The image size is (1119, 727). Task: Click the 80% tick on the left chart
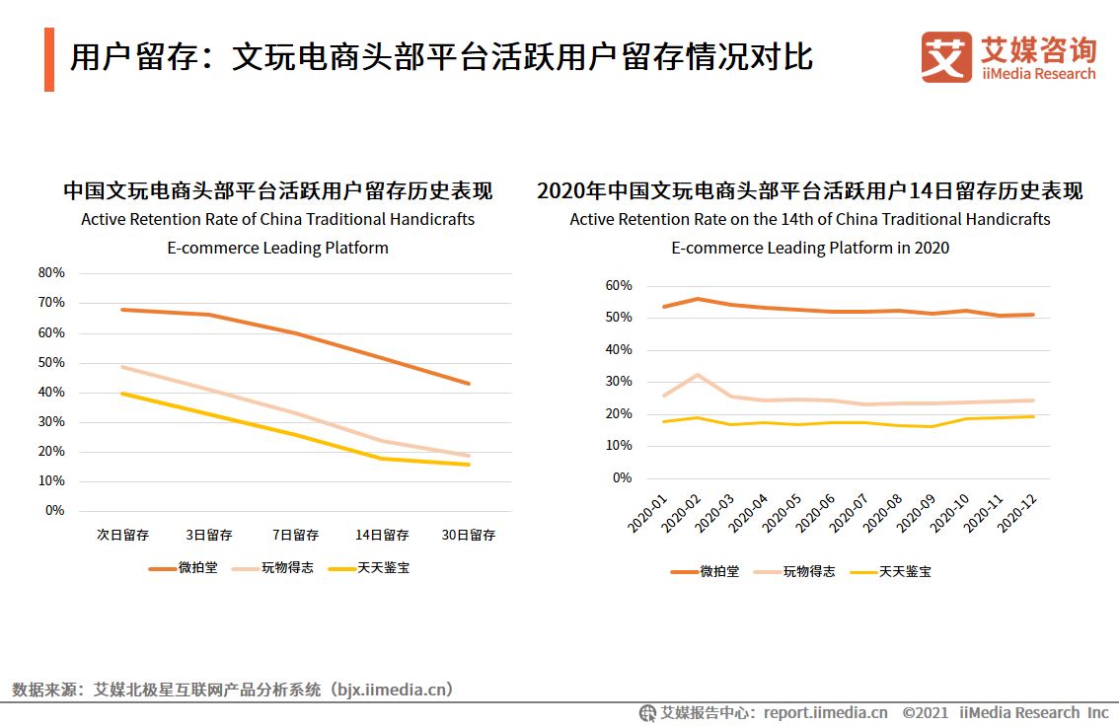51,272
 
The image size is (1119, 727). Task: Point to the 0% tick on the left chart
55,511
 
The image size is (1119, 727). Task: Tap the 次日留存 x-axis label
122,536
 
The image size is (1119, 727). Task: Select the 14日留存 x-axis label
382,536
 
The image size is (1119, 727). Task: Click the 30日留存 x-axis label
469,536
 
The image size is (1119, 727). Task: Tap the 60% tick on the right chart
619,286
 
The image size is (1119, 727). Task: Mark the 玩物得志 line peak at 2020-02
698,375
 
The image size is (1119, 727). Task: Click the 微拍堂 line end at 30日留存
469,384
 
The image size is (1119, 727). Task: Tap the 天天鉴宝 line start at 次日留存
122,394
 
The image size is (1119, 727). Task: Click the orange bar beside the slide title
49,60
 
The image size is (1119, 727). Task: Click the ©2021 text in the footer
925,713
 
